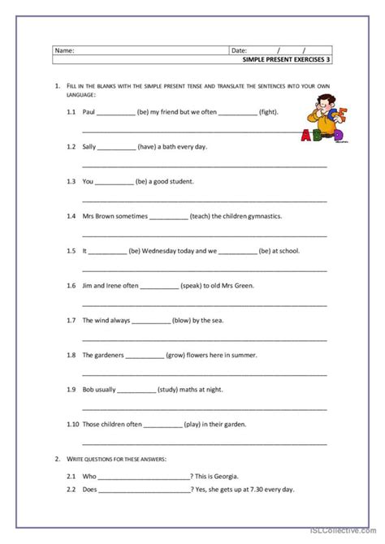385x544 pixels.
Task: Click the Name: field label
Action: tap(64, 50)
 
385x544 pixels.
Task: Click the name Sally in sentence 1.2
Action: tap(89, 147)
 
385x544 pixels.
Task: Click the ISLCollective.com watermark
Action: tap(344, 536)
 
